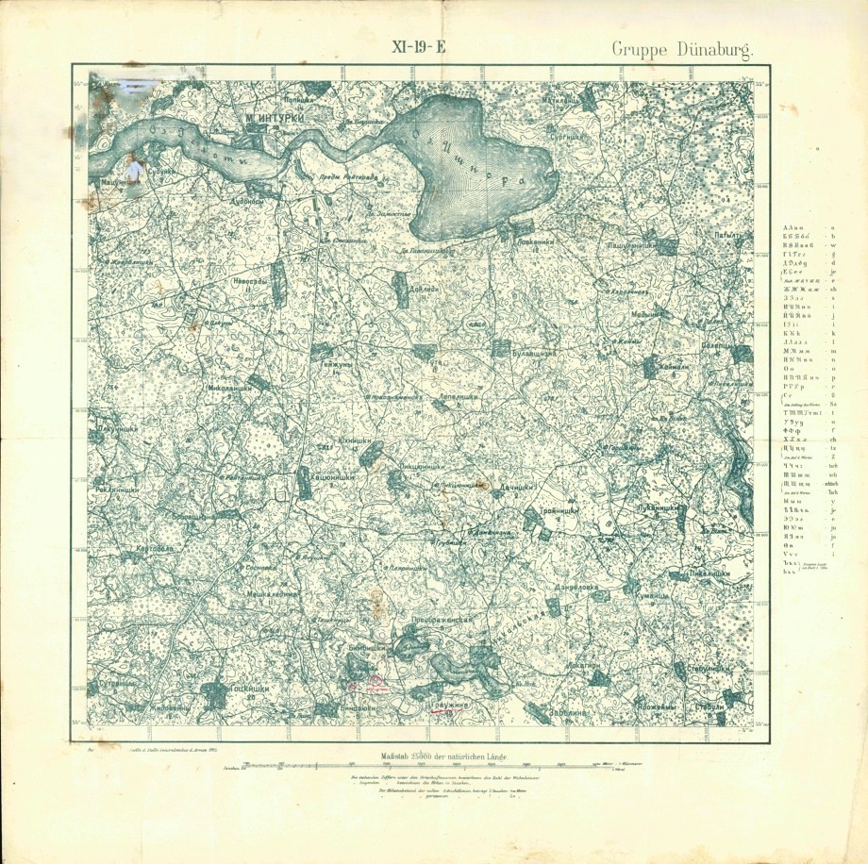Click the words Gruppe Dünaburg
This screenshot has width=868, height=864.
point(681,50)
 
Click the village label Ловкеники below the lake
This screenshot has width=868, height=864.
point(532,241)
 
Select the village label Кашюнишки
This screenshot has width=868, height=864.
point(331,480)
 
